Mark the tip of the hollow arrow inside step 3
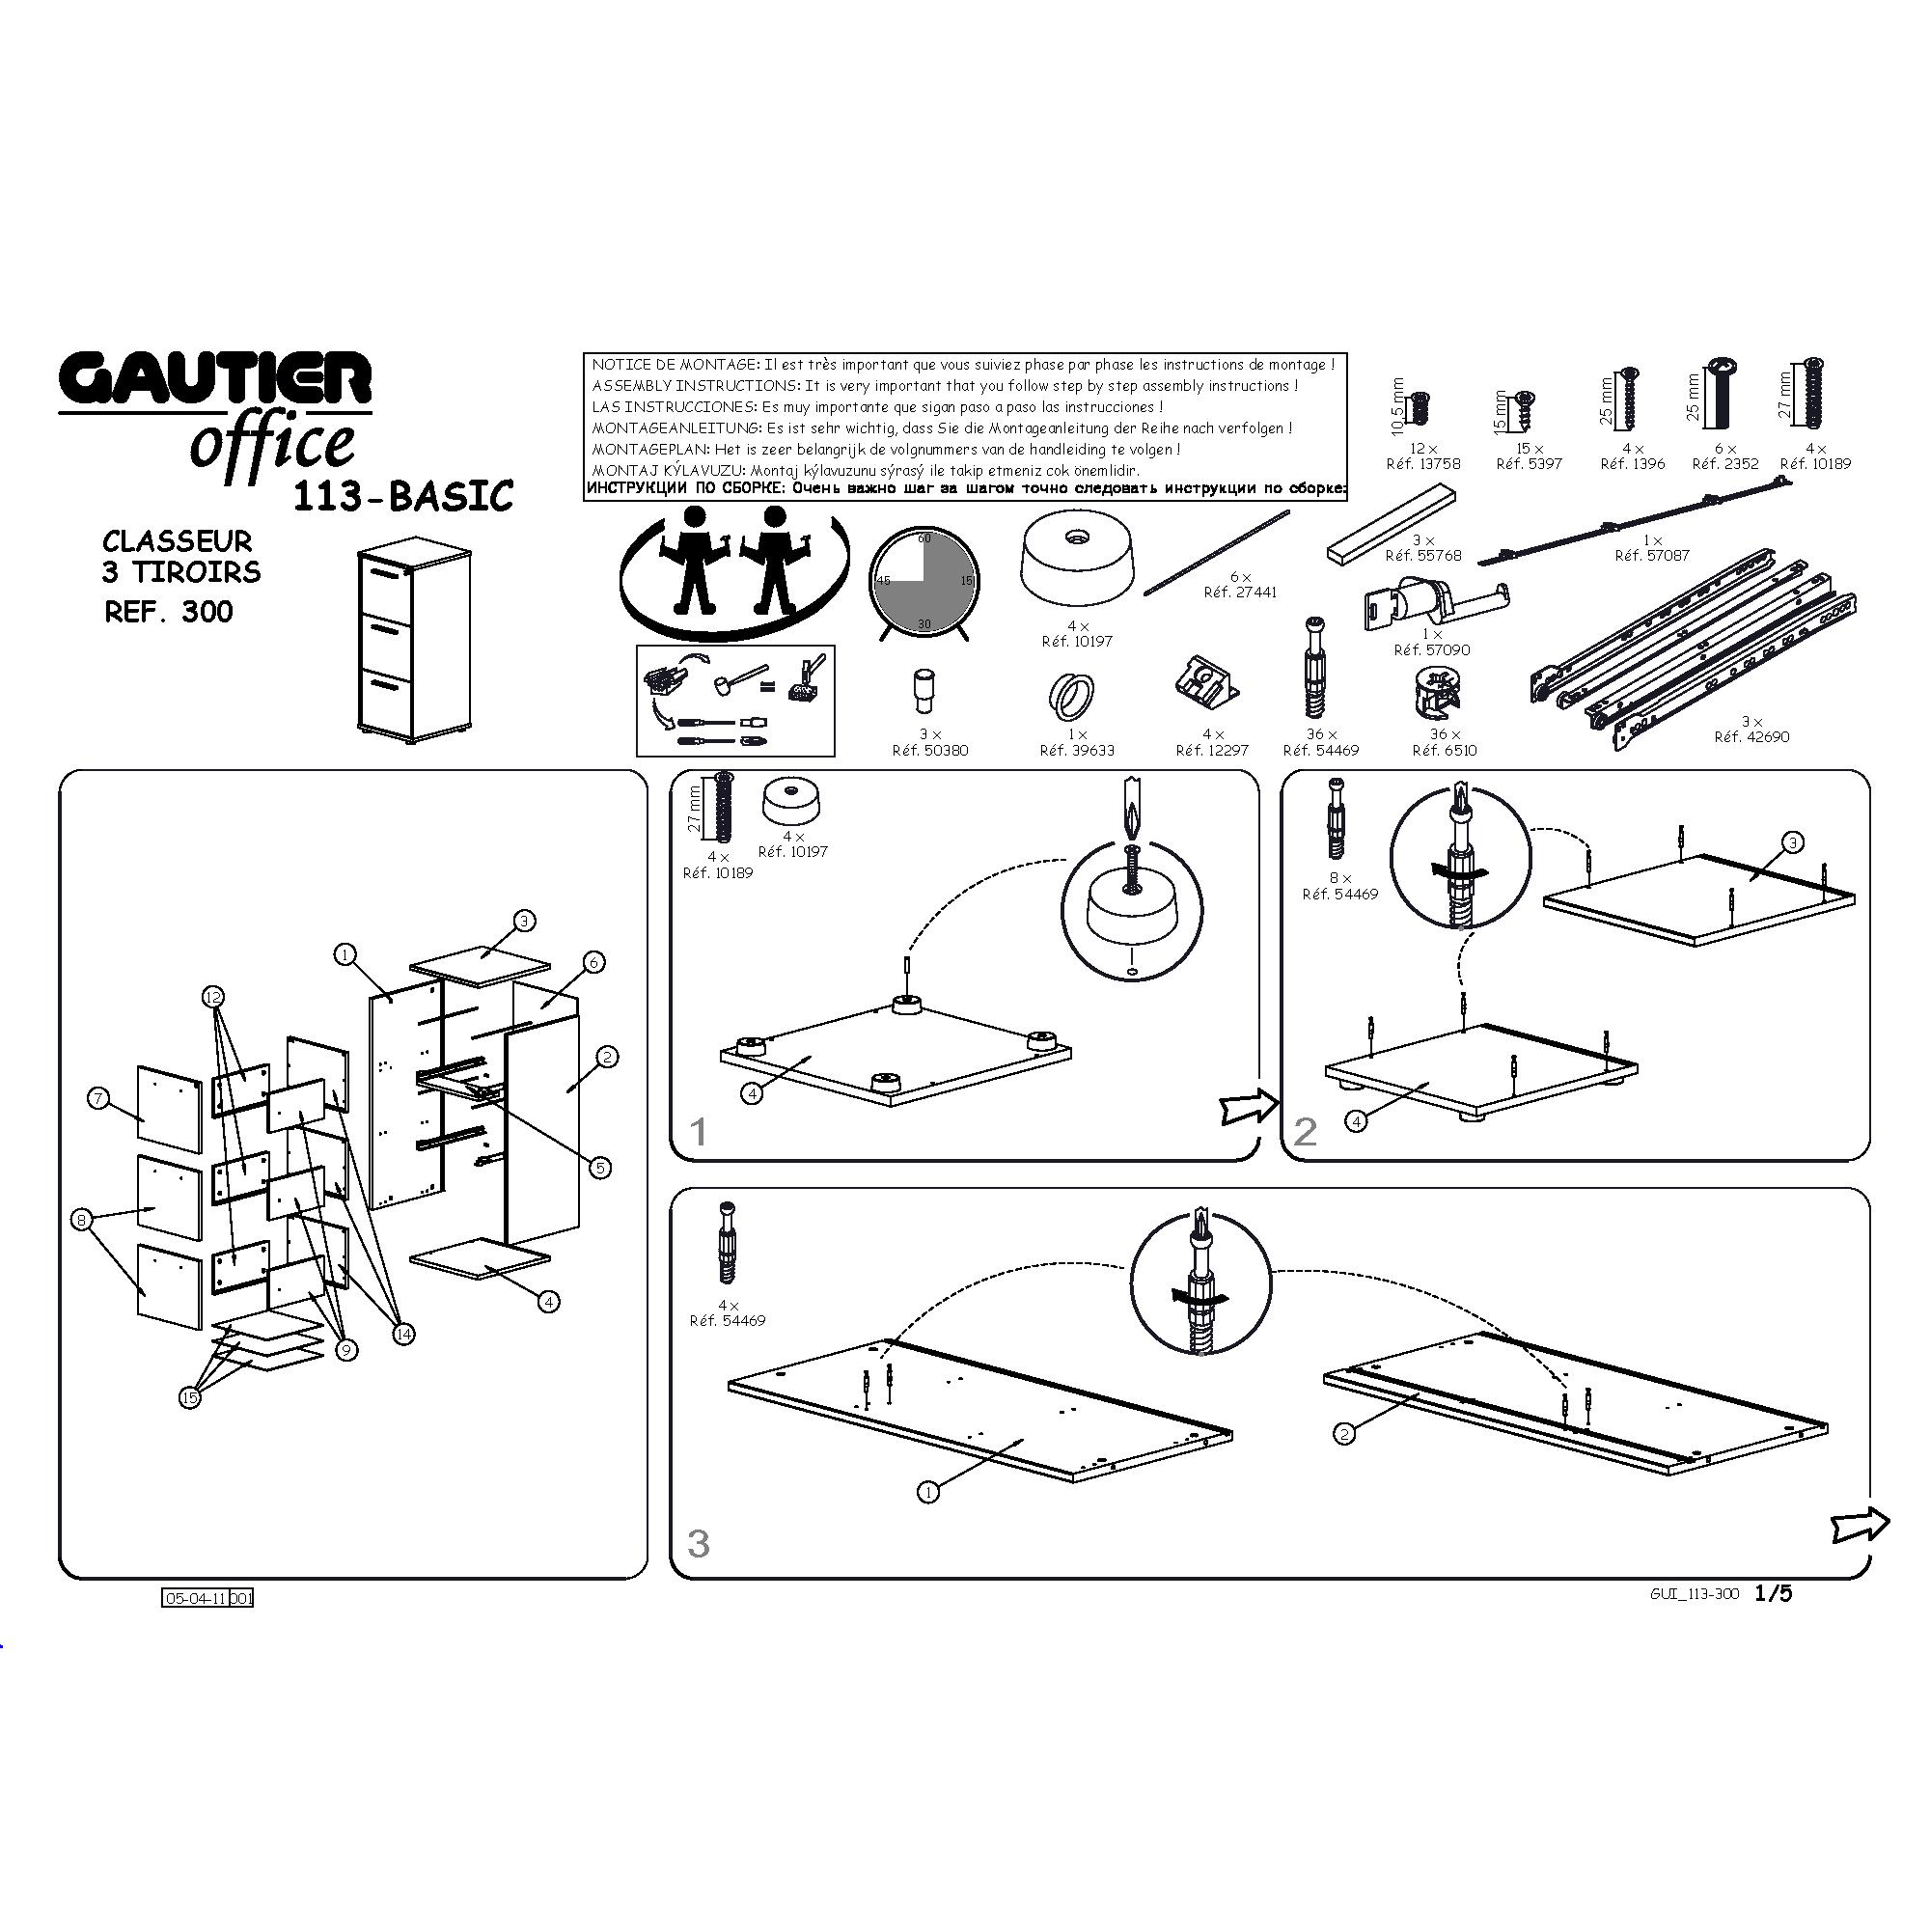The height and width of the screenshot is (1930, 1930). coord(1889,1523)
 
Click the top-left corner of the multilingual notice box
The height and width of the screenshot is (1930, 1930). coord(585,353)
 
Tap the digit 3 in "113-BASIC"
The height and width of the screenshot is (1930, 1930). coord(346,496)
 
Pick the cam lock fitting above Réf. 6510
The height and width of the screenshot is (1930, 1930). coord(1439,692)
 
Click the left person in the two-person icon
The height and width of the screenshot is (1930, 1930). coord(694,560)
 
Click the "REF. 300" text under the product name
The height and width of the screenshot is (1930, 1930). coord(169,612)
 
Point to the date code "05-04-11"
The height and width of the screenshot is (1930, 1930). coord(196,1598)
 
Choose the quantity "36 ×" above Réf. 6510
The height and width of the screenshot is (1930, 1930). coord(1445,734)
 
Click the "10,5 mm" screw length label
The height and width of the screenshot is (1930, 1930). coord(1397,406)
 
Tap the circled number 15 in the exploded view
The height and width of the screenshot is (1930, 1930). coord(190,1397)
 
